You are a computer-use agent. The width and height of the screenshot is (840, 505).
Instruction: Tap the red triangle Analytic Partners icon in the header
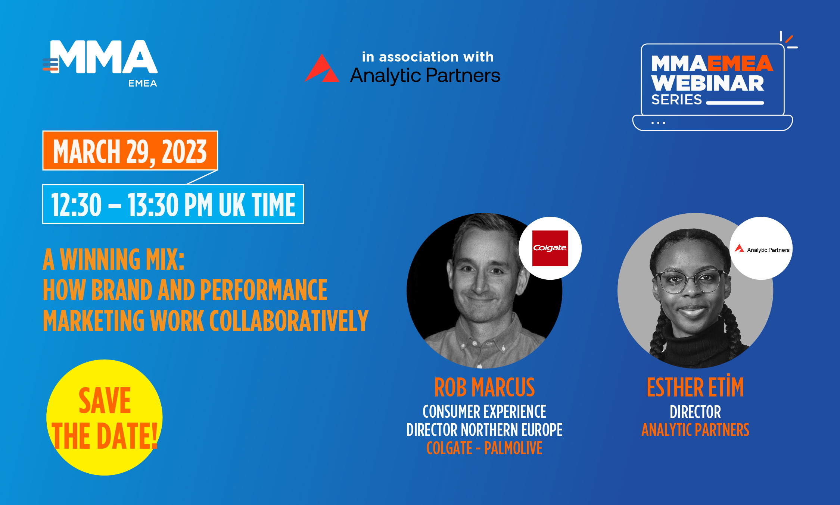coord(322,68)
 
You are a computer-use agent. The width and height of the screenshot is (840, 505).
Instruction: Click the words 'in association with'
coord(428,57)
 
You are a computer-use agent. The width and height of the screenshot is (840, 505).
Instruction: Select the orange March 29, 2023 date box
coord(130,151)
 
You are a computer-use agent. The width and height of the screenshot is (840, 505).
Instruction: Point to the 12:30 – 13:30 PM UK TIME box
coord(173,204)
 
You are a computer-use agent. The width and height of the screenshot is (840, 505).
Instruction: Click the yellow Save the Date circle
coord(104,417)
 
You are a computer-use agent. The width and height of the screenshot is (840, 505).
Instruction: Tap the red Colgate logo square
coord(550,248)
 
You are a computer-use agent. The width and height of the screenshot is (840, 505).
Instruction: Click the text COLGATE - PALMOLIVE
coord(484,448)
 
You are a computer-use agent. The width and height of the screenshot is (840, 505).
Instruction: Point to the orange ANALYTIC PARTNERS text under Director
coord(695,430)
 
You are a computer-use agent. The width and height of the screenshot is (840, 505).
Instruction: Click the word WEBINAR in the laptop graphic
coord(707,83)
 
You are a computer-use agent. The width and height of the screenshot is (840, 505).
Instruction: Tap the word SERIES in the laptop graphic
coord(676,100)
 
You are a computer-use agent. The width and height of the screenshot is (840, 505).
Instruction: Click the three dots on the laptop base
coord(658,123)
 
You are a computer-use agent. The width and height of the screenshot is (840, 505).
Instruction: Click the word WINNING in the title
coord(100,259)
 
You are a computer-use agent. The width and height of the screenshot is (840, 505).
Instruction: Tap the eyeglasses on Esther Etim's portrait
coord(690,282)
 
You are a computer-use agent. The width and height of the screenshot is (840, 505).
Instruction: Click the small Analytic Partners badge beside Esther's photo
coord(761,248)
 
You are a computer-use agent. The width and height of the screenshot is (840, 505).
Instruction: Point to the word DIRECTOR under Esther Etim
coord(695,412)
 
